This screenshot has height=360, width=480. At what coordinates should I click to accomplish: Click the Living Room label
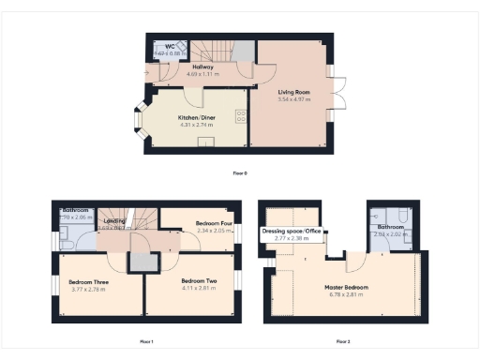(293, 91)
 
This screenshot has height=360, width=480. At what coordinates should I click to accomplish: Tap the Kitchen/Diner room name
(197, 117)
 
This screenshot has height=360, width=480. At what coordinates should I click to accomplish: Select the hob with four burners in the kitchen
(241, 116)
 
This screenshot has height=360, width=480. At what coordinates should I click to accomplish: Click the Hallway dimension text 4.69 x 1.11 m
(202, 73)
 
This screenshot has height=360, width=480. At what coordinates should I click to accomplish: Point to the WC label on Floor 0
(171, 46)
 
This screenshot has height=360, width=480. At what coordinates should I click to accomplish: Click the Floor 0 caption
(241, 173)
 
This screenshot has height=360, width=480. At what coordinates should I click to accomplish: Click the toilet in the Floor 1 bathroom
(67, 243)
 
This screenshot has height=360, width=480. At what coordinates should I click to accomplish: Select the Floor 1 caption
(145, 341)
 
